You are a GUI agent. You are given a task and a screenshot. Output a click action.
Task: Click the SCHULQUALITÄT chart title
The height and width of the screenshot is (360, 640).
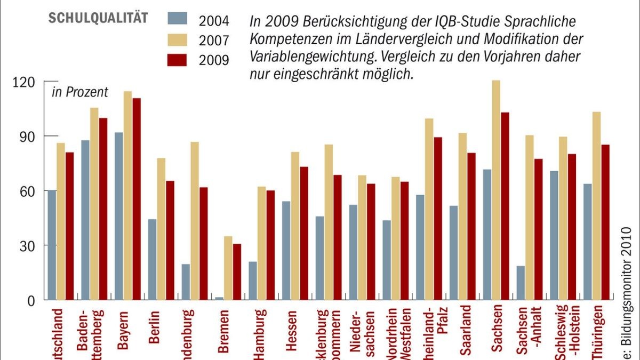98,18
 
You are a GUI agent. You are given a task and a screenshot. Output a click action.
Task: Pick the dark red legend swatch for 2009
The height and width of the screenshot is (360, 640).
181,58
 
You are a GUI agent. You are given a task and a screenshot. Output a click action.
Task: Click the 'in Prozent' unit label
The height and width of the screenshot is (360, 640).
79,92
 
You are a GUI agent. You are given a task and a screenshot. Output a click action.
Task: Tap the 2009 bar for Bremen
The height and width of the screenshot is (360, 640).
237,271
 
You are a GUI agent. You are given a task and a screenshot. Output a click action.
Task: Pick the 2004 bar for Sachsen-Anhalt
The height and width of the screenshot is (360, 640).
520,283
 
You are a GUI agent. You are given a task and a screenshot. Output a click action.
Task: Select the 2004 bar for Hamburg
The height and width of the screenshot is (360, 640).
253,281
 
